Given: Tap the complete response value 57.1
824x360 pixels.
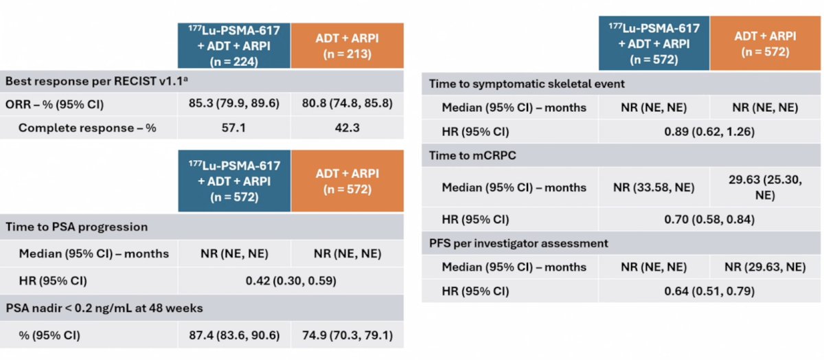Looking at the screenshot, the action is [x=233, y=128].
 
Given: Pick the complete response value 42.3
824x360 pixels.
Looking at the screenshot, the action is [x=347, y=128].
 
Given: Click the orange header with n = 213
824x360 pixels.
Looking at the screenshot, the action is [x=347, y=45].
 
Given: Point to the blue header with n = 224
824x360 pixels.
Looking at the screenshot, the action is [x=234, y=45].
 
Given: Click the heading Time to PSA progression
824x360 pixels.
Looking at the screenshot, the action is [x=76, y=227].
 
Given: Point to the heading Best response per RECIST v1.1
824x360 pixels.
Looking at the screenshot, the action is [x=96, y=81].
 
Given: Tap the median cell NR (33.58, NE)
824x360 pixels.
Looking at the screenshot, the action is [x=654, y=188].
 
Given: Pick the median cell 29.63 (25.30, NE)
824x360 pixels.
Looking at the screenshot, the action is [x=765, y=187].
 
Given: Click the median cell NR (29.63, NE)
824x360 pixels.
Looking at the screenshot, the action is [x=765, y=267].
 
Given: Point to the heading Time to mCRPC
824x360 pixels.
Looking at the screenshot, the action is [x=472, y=155].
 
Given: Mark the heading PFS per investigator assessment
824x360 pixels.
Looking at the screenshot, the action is [x=518, y=243].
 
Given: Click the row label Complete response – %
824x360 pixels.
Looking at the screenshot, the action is [x=87, y=128].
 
